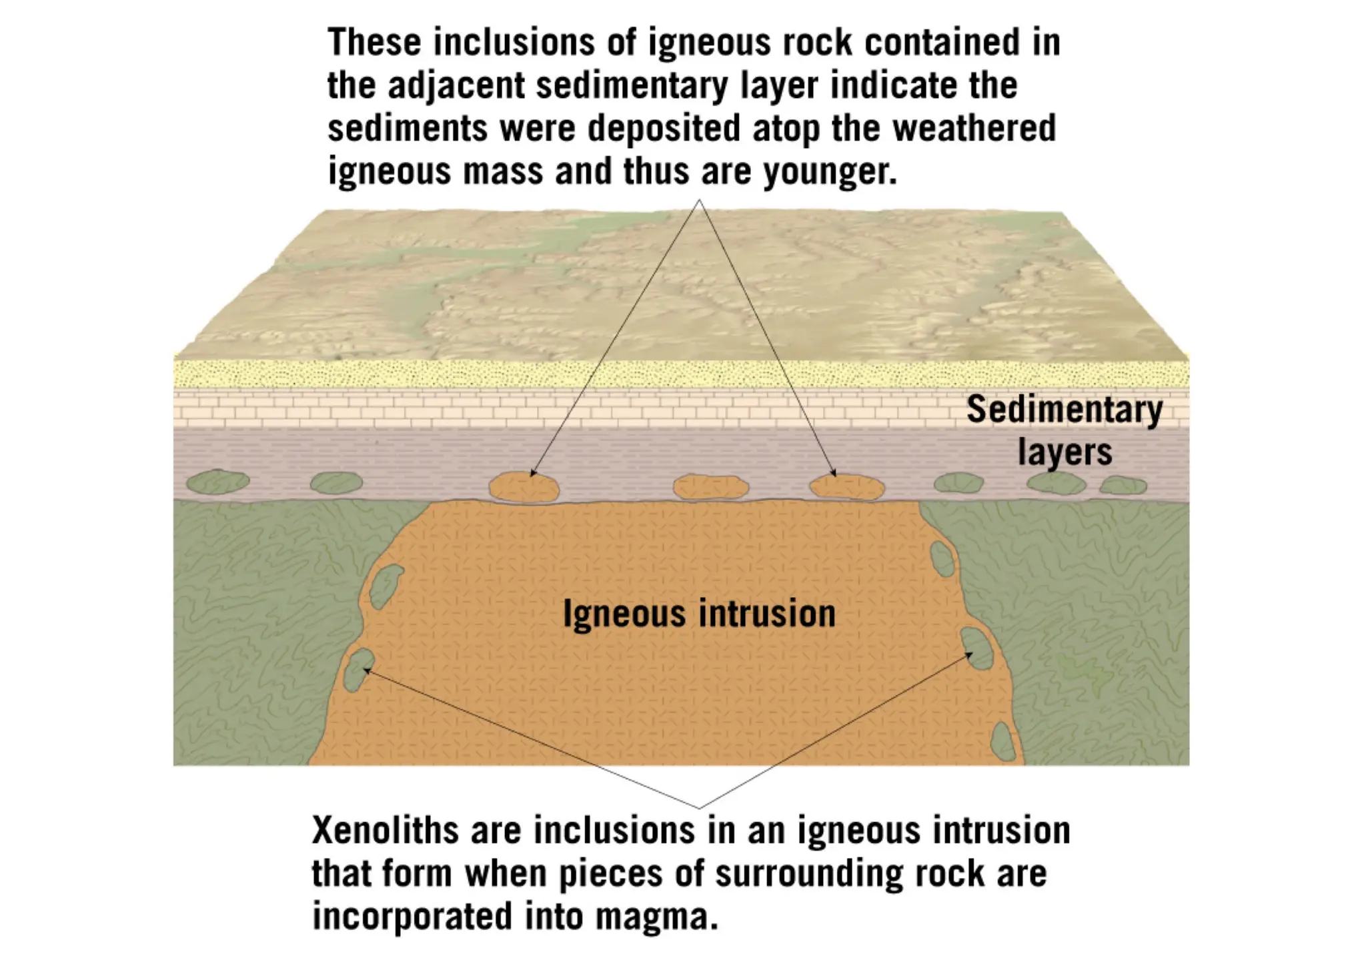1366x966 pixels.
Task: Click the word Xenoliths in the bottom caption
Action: pos(386,831)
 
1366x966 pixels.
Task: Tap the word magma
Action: pos(657,917)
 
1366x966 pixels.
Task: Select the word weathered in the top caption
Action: pos(974,128)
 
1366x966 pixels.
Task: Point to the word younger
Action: pos(830,172)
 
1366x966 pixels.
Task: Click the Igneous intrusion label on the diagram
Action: pos(699,614)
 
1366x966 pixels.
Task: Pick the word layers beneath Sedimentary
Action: pos(1065,452)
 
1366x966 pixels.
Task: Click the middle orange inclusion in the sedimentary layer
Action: pos(711,487)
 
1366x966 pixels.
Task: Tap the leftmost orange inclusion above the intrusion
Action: pos(524,487)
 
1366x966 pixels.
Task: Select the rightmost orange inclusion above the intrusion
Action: pos(847,487)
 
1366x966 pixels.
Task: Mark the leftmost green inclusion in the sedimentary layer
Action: pos(217,482)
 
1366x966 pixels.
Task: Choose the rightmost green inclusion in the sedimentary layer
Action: pos(1123,485)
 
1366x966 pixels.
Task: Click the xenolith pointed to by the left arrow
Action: pos(358,669)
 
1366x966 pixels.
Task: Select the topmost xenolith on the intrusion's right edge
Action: pos(942,559)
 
